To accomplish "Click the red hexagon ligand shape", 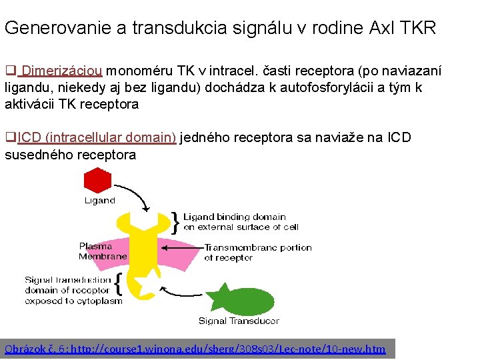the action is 97,181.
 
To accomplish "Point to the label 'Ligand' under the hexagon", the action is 99,200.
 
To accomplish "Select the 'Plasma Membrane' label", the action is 103,251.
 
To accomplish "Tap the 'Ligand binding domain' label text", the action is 234,217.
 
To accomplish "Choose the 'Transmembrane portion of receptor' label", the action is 257,252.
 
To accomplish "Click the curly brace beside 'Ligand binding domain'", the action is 175,222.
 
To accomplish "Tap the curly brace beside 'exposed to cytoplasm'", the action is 117,285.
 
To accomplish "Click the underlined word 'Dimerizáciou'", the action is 62,71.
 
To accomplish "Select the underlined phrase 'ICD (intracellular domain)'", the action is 97,138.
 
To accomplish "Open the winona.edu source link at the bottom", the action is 195,349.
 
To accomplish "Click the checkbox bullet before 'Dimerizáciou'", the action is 10,71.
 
